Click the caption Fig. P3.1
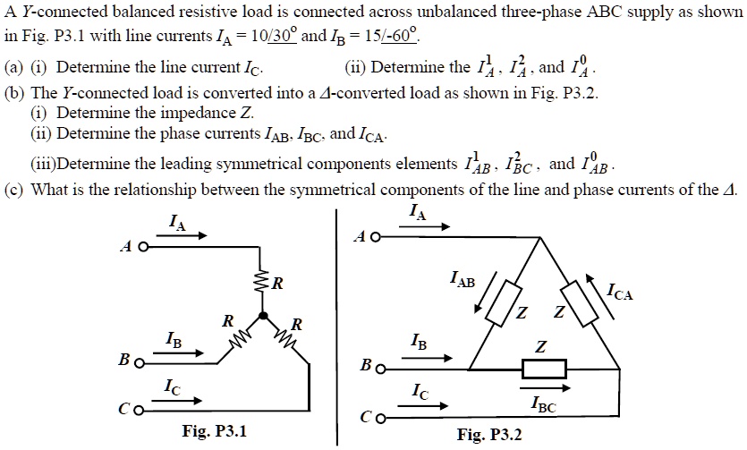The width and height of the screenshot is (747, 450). (x=214, y=432)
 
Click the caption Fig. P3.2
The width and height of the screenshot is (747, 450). (x=488, y=435)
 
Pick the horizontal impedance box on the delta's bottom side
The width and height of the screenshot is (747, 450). (x=544, y=368)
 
